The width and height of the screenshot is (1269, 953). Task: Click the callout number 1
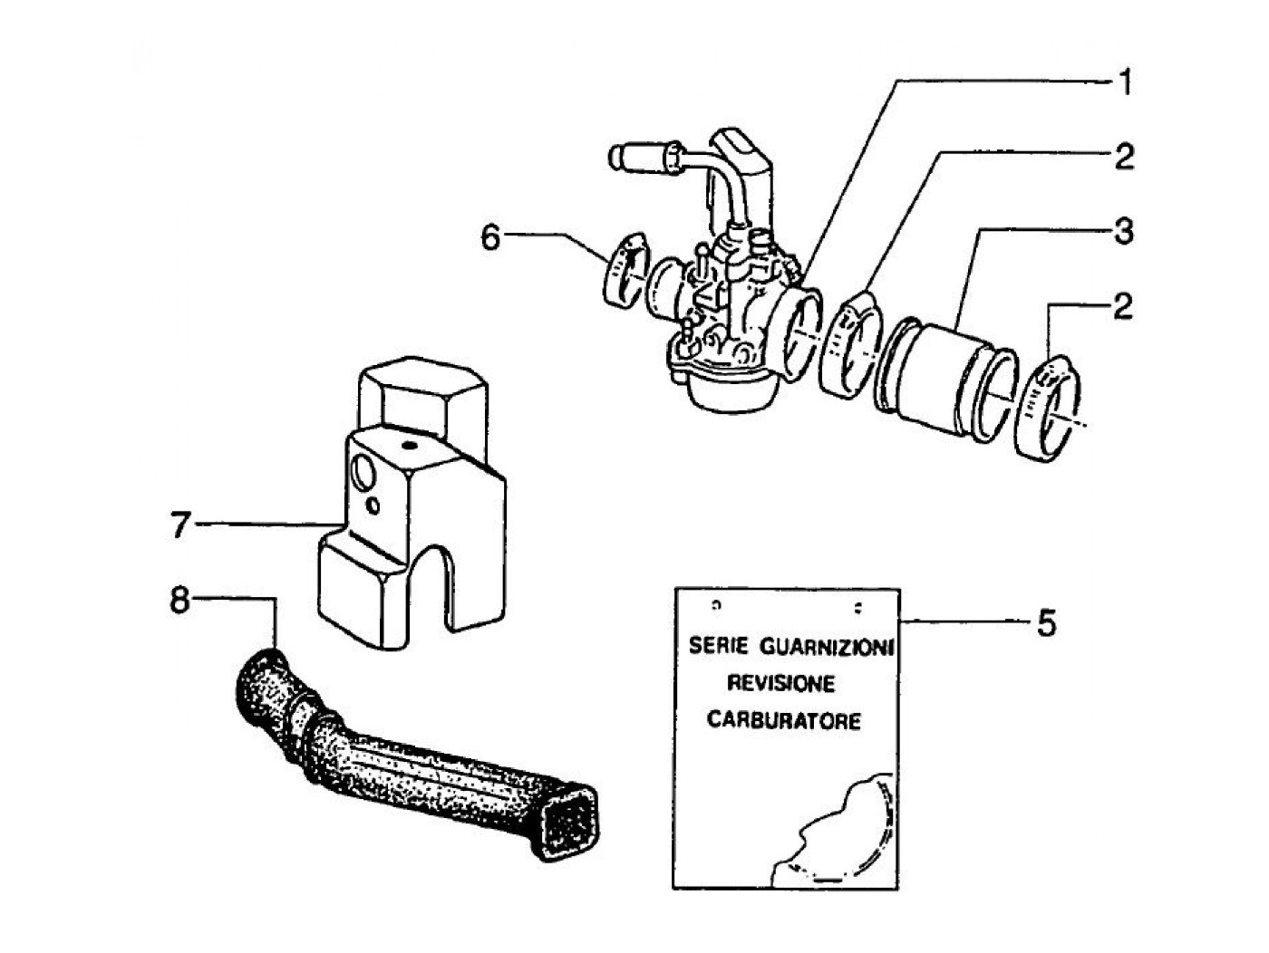coord(1124,84)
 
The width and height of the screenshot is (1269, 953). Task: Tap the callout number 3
coord(1124,232)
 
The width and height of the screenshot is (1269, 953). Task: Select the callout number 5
coord(1046,623)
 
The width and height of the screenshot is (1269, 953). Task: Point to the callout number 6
coord(490,238)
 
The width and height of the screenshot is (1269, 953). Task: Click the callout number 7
coord(181,525)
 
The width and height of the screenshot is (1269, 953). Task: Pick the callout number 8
coord(180,601)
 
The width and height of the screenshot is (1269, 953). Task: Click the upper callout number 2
coord(1124,158)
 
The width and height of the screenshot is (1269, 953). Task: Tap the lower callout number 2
coord(1124,306)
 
